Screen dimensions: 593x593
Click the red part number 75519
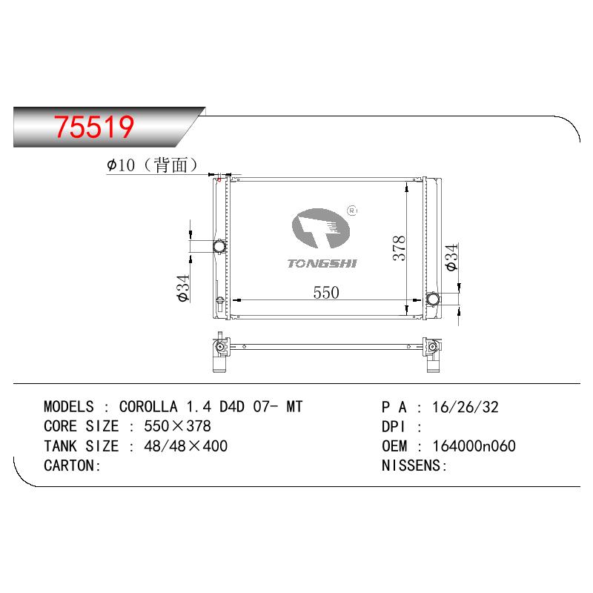point(94,127)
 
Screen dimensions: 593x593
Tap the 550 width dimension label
point(326,292)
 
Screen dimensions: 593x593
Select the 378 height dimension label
point(399,248)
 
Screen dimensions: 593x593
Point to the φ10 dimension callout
point(121,165)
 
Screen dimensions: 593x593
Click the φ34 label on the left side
point(183,288)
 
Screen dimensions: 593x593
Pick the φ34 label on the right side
point(452,257)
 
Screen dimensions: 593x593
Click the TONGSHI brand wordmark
point(322,263)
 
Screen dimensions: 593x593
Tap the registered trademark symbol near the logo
point(351,211)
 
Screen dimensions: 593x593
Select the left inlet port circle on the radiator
point(219,247)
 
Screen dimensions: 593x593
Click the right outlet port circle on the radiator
point(433,299)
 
